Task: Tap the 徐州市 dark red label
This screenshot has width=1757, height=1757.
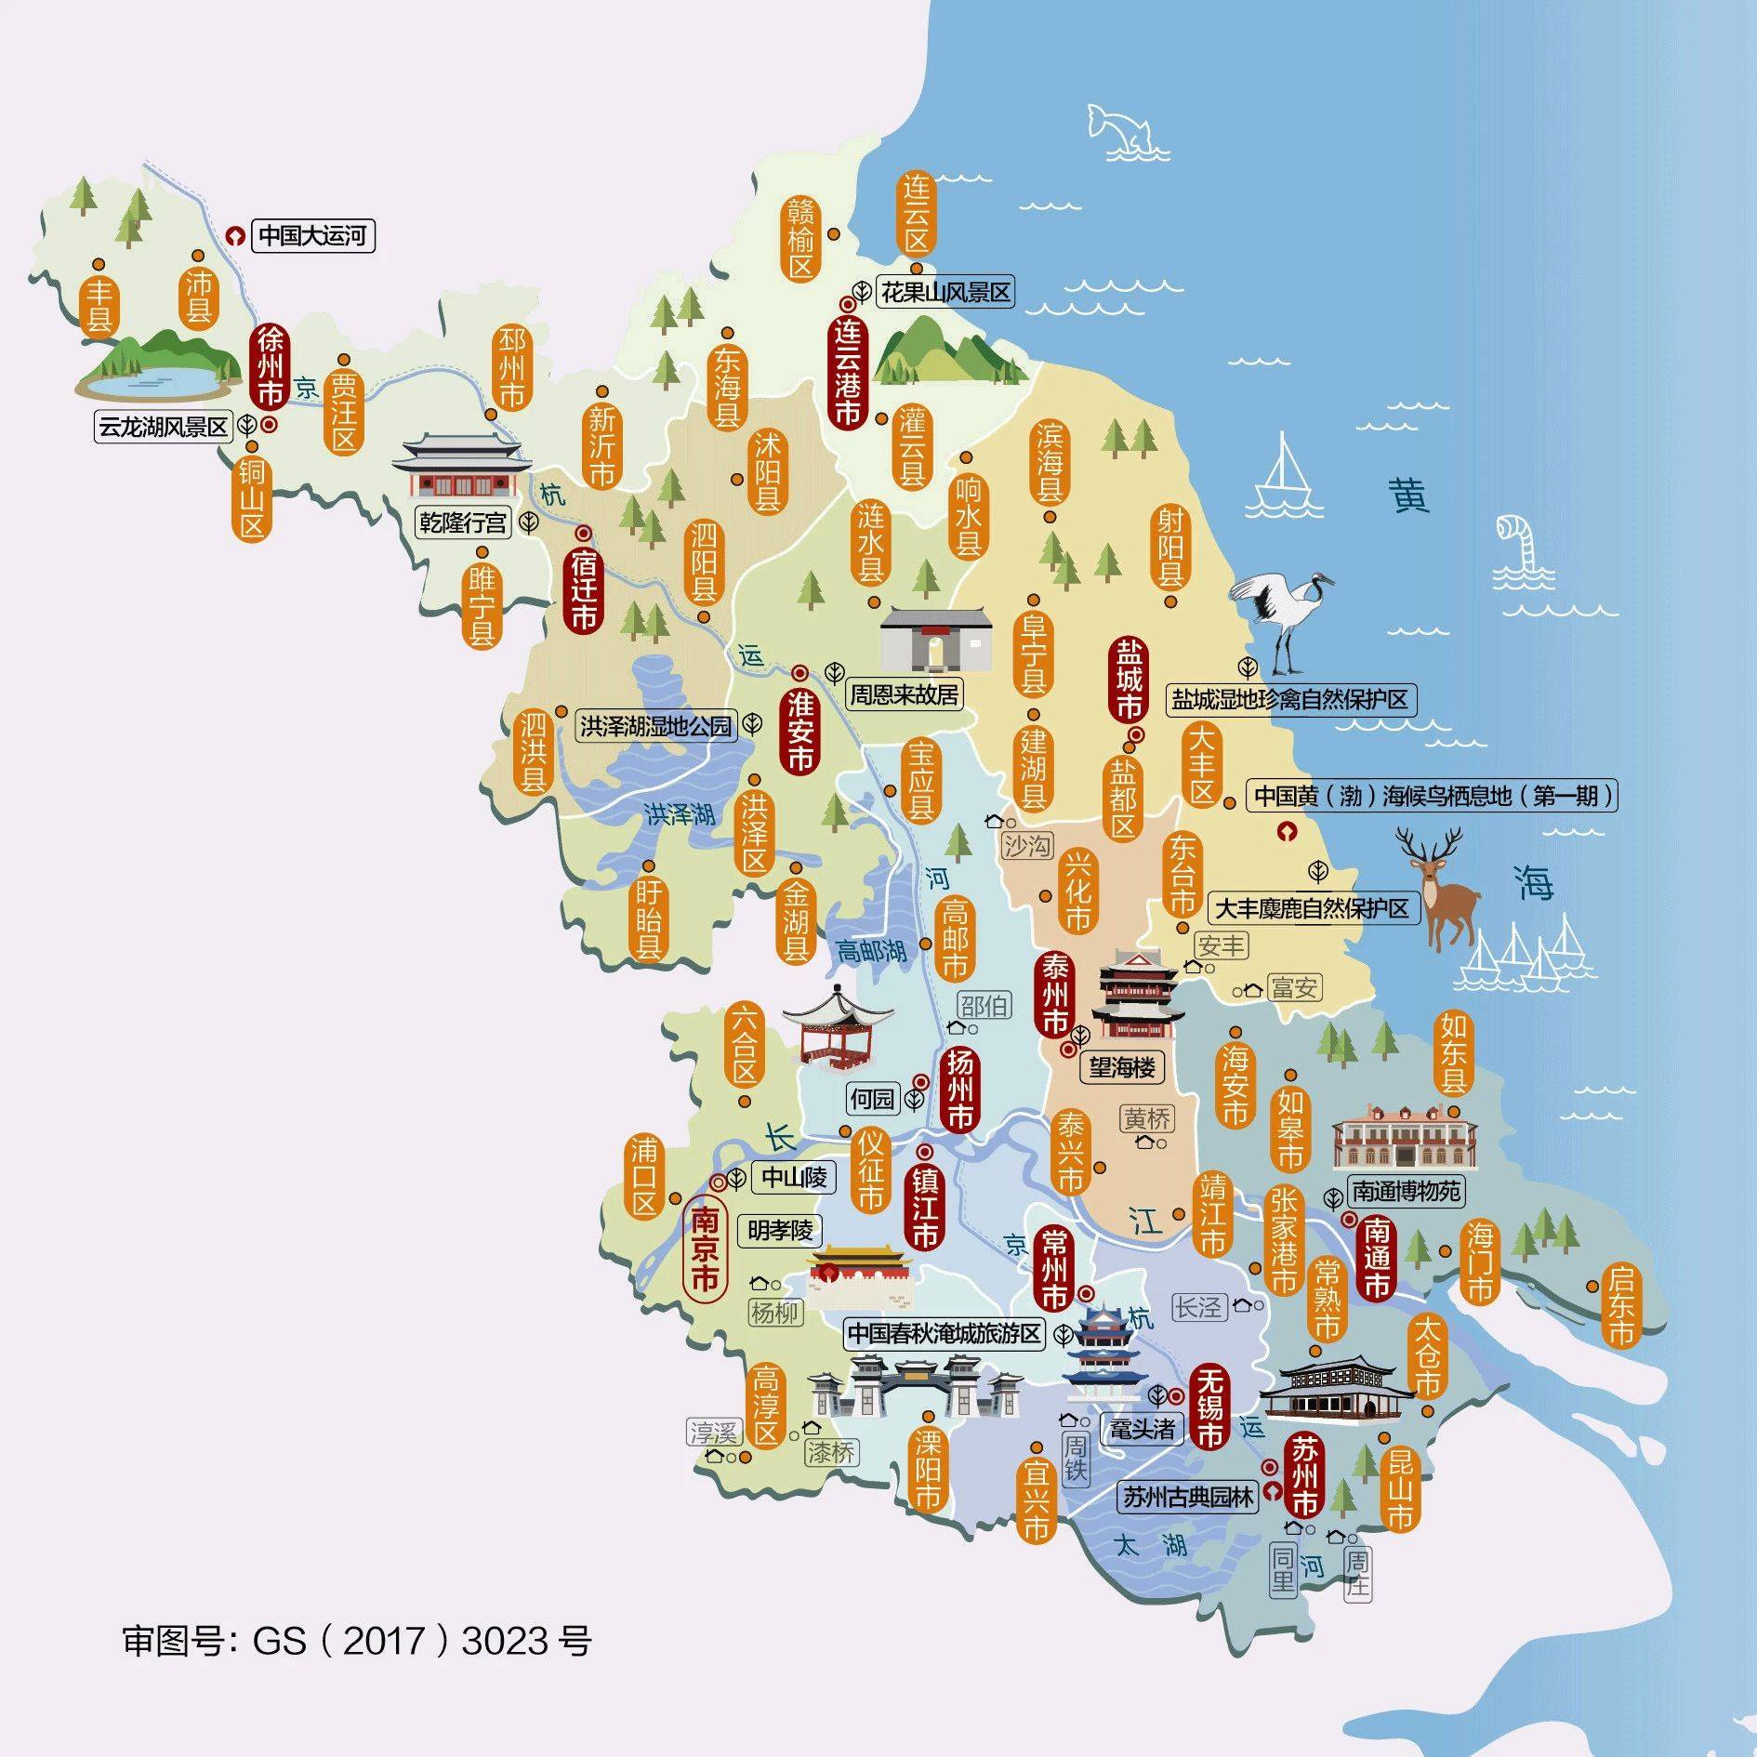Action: click(x=270, y=365)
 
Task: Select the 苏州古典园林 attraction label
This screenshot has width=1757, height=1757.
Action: click(x=1187, y=1496)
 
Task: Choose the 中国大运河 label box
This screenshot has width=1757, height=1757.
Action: click(x=312, y=236)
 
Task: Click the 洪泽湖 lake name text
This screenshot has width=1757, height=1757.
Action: click(x=680, y=814)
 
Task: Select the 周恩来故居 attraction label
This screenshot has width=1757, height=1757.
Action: click(x=904, y=694)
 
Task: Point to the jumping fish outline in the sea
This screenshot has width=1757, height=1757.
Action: click(x=1128, y=130)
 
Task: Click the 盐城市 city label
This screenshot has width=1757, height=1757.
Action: click(x=1129, y=680)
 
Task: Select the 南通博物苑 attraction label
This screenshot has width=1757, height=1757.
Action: click(x=1406, y=1191)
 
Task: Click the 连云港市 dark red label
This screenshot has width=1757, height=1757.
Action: click(x=847, y=371)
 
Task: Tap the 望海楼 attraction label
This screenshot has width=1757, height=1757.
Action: click(x=1122, y=1067)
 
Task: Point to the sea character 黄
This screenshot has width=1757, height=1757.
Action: click(x=1409, y=495)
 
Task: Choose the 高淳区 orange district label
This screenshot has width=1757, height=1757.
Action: click(x=765, y=1405)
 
